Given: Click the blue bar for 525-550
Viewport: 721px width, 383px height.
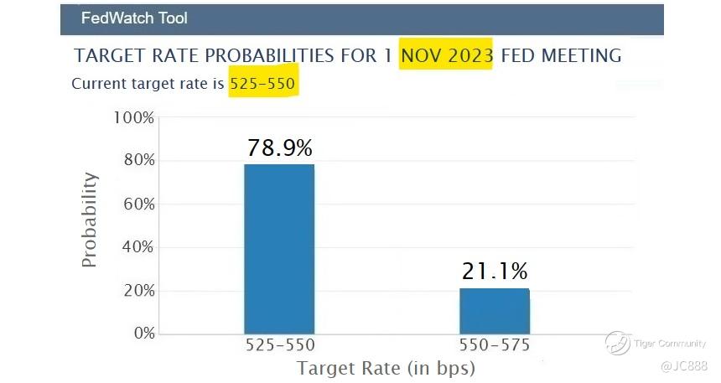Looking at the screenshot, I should (x=279, y=249).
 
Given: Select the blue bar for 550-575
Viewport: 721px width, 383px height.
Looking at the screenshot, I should (x=495, y=311).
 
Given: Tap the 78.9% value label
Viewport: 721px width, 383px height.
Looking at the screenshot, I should (x=280, y=148).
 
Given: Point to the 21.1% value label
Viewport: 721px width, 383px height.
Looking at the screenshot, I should (x=495, y=272).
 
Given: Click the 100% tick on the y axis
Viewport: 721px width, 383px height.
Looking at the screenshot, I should (x=134, y=117).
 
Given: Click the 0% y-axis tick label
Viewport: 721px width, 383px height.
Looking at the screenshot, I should (x=142, y=334).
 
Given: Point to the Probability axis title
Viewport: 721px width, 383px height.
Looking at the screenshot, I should (x=90, y=220).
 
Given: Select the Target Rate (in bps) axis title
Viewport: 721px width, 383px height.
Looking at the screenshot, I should (x=386, y=368).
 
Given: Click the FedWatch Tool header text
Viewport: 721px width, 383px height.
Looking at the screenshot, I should (x=134, y=18).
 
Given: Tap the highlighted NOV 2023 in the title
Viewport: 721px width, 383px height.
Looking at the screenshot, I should (x=447, y=56).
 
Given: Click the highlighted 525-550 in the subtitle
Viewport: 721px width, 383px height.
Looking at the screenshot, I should (x=263, y=84).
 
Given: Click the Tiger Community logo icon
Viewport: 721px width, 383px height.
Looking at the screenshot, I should (x=618, y=343).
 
